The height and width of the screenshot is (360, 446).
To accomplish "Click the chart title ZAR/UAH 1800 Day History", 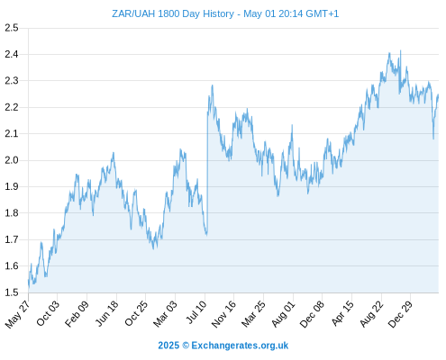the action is pos(173,13).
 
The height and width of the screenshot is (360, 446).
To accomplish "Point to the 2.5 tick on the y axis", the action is pos(12,28).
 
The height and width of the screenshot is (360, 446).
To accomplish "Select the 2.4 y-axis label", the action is pos(12,54).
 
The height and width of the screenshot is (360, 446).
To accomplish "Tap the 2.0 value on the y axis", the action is pos(12,160).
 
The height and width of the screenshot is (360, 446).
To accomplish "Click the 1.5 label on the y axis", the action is pos(12,292).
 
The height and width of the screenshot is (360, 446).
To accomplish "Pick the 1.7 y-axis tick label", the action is pos(12,239).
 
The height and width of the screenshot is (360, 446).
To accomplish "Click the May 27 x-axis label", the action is pos(17,314).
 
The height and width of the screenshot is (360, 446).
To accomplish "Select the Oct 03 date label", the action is pos(48,313).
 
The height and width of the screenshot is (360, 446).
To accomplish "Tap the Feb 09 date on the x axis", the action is pos(77,313).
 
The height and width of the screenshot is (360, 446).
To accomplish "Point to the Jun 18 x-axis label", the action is pos(106,313).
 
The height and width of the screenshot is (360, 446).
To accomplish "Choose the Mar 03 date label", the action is pos(165,314).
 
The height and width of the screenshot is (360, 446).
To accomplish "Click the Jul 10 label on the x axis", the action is pos(196,312).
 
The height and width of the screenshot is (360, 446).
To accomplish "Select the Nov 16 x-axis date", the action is pos(223,314).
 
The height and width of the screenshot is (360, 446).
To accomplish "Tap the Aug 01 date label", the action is pos(283,314).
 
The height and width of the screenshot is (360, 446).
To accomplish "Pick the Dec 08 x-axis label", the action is pos(312,314).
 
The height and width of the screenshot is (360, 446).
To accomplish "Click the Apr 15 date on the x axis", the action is pos(342,313).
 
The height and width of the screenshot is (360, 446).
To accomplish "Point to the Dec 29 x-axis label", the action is pos(400,314).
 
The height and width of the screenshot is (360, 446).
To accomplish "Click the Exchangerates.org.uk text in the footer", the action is pos(240,346).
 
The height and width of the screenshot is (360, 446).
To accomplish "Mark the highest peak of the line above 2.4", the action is pos(400,50).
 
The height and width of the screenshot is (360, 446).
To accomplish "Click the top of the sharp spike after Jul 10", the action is pos(213,85).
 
